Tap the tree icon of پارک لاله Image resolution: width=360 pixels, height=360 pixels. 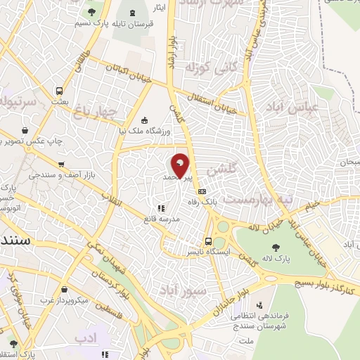[275, 247]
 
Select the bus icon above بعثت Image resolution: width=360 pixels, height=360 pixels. [60, 91]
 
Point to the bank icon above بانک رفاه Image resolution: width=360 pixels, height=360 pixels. [202, 191]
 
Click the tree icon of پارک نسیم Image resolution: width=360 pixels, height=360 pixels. [91, 13]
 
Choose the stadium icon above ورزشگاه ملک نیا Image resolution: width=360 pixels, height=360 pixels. [144, 119]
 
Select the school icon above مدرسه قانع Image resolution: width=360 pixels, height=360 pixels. [160, 208]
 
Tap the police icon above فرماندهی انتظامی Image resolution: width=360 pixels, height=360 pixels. [261, 304]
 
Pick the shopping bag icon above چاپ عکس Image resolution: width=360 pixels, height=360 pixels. [25, 130]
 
